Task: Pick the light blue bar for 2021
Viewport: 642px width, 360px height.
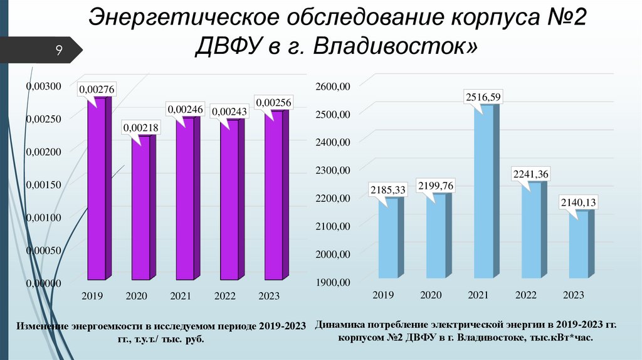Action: [x=483, y=191]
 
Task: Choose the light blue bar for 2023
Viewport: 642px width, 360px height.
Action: [x=579, y=245]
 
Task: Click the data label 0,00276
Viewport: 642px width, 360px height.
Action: [x=96, y=90]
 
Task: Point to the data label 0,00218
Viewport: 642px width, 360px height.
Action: [x=141, y=127]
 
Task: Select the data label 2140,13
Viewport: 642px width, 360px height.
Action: [x=578, y=203]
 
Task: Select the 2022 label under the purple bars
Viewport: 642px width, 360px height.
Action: [x=224, y=295]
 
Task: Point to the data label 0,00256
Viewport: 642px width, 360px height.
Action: [x=274, y=102]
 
